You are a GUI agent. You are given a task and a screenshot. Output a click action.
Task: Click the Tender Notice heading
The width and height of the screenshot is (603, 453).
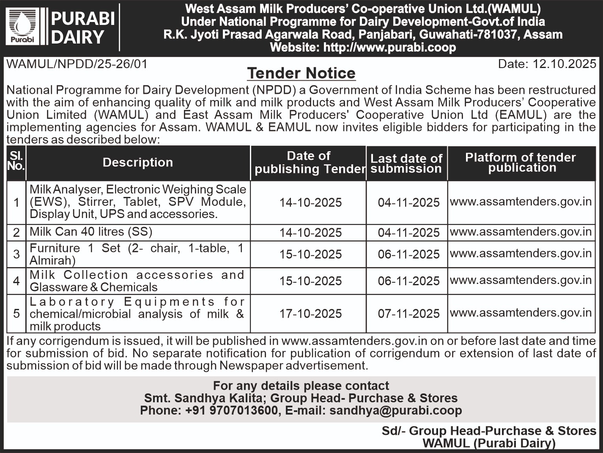(301, 73)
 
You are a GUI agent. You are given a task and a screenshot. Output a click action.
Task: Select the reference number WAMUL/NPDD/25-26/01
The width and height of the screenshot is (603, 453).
(77, 64)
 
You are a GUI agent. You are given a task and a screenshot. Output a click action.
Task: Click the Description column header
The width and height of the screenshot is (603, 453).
(138, 163)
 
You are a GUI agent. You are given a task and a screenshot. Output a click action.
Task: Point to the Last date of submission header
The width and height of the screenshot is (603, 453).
(406, 164)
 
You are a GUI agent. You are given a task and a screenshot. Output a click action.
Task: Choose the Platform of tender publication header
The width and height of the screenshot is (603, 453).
(521, 163)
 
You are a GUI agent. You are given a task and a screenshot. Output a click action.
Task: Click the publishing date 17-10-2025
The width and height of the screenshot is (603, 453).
(310, 314)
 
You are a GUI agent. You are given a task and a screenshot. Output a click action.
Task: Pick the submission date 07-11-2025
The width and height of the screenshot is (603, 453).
(408, 314)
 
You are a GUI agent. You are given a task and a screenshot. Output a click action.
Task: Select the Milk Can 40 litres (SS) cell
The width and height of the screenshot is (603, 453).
(91, 232)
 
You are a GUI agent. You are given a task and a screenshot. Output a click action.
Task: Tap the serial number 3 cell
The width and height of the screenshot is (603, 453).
(16, 254)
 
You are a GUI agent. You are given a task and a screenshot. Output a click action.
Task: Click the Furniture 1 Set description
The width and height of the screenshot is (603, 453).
(137, 254)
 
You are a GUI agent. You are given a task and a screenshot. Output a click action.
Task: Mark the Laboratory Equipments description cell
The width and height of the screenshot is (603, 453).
(137, 314)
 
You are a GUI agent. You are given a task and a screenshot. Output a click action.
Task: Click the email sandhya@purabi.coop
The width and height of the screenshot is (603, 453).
(395, 410)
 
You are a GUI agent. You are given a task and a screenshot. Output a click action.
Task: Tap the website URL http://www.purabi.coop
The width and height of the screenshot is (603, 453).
(389, 47)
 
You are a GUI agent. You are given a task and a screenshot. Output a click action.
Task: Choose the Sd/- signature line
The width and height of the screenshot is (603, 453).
(489, 431)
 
